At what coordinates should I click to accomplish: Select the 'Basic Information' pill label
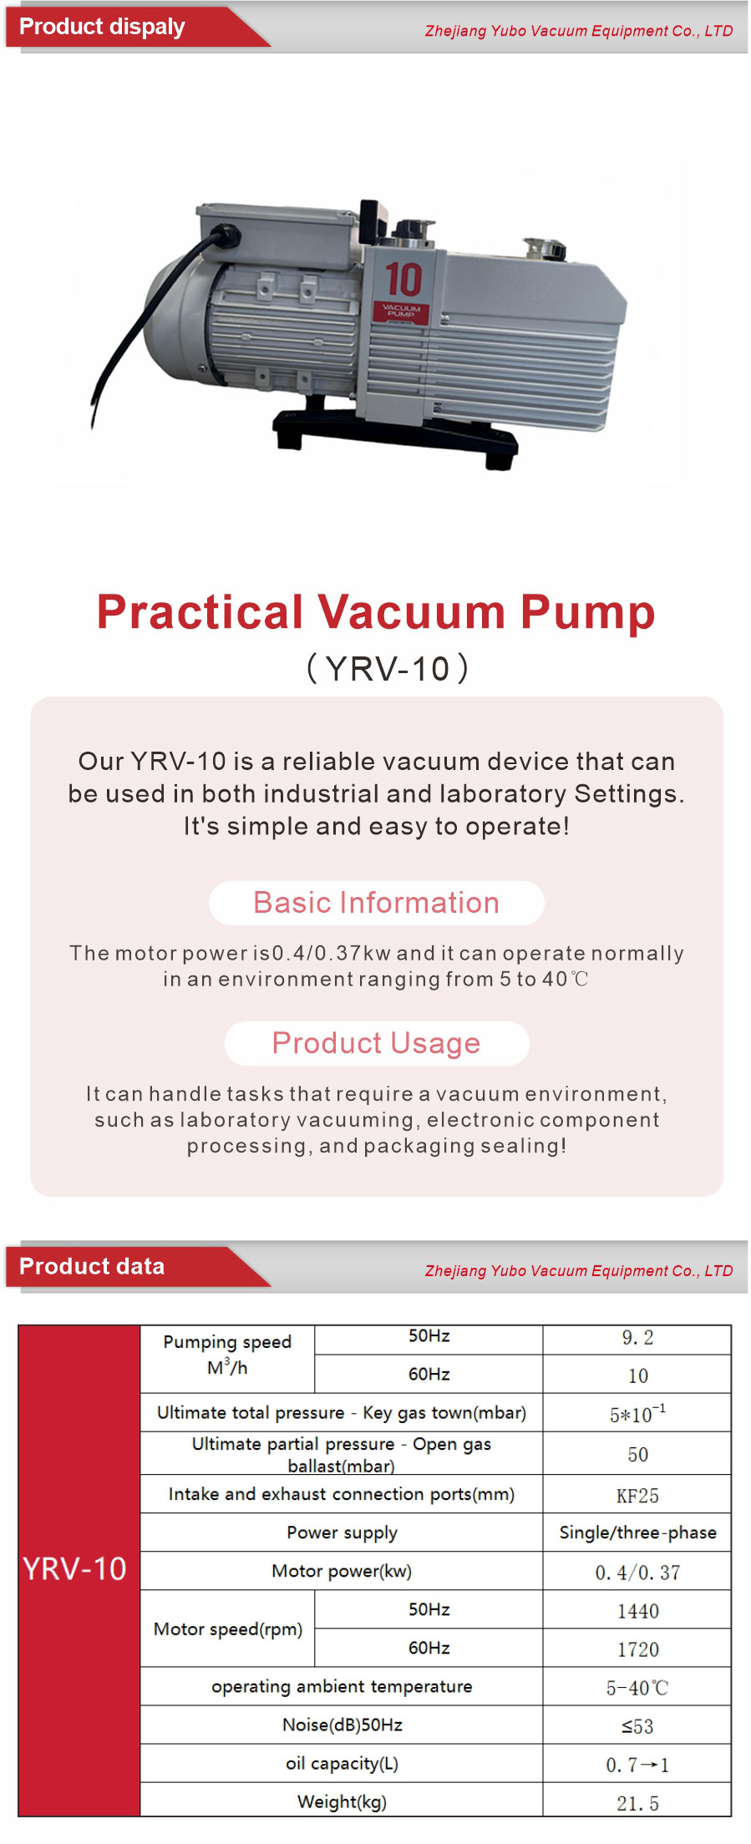pos(377,903)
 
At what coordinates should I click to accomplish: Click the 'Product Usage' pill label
pos(377,1043)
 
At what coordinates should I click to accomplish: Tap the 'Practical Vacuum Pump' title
pos(376,611)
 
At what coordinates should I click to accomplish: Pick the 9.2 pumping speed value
pos(637,1338)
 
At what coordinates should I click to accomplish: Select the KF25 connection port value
pos(637,1496)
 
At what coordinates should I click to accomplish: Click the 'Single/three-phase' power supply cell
pos(637,1532)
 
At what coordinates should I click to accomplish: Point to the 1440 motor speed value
pos(637,1611)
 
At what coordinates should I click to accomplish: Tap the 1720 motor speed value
pos(637,1649)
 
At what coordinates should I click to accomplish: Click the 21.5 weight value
pos(637,1803)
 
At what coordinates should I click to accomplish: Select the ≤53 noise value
pos(637,1726)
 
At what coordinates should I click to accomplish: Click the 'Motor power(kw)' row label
pos(342,1571)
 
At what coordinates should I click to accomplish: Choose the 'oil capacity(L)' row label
pos(342,1763)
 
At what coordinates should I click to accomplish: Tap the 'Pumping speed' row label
pos(227,1342)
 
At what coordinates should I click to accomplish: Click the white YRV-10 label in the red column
pos(74,1569)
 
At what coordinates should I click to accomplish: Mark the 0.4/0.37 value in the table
pos(637,1573)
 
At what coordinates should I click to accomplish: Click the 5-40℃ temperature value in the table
pos(637,1688)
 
